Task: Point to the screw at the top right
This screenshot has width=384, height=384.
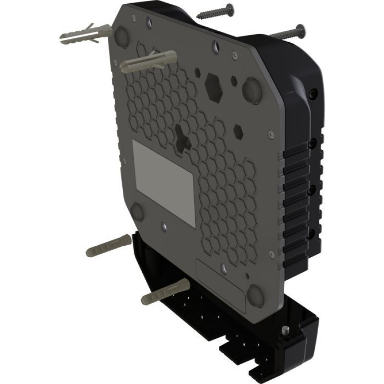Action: [288, 33]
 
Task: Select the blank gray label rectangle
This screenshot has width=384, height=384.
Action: [163, 183]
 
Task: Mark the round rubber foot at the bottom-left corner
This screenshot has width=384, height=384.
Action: [137, 212]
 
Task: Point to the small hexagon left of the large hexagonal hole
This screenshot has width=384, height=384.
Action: [197, 72]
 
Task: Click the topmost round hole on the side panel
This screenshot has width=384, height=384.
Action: [314, 92]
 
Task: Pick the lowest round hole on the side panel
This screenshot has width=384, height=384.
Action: [311, 233]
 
